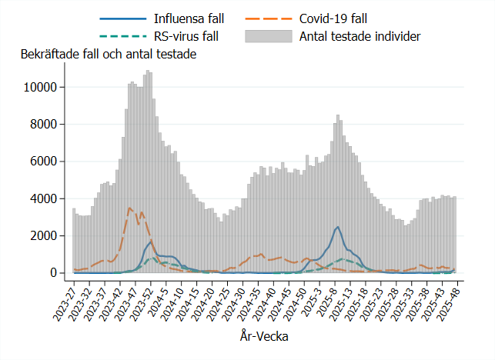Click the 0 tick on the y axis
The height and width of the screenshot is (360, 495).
[x=54, y=273]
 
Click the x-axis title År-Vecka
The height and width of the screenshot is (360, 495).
[x=264, y=336]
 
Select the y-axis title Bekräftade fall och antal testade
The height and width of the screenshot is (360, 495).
[x=109, y=55]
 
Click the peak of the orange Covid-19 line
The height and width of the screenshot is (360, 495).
[x=129, y=207]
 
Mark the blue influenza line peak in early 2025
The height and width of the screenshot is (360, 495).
[x=338, y=226]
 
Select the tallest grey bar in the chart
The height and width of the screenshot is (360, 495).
[x=147, y=72]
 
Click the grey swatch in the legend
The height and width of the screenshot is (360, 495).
[x=269, y=35]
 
